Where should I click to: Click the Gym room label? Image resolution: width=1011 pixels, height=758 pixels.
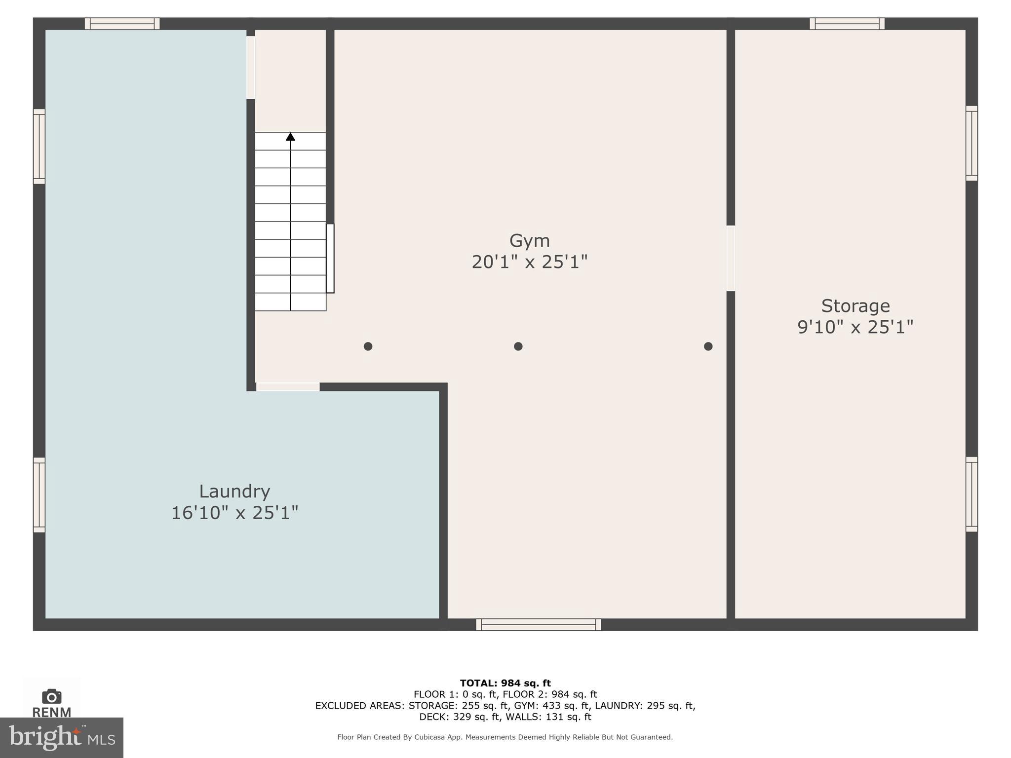(529, 241)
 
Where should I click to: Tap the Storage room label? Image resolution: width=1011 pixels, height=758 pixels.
(855, 306)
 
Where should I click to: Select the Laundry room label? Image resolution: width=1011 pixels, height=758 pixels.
(234, 492)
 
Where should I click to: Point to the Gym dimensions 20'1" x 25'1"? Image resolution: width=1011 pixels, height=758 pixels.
(529, 262)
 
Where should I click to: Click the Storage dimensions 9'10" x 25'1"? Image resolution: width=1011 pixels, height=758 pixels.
(855, 327)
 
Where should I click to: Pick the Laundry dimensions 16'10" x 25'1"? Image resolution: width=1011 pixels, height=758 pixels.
(234, 513)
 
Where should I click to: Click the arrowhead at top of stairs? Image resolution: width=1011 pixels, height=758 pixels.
(290, 137)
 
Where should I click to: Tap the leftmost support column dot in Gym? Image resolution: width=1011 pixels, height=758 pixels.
(368, 346)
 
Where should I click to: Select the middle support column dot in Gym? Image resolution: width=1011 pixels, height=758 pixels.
(518, 346)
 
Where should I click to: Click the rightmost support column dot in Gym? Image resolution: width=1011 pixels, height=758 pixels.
(708, 346)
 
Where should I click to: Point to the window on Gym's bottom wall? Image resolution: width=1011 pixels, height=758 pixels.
(539, 625)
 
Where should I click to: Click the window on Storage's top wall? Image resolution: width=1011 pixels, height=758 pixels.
(847, 24)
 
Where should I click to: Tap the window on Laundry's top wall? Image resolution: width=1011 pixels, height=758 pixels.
(122, 24)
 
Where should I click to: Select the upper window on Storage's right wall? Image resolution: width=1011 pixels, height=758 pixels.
(971, 143)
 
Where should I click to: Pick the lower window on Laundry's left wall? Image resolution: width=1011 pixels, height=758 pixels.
(39, 495)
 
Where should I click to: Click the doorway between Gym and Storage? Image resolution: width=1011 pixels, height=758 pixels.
(731, 258)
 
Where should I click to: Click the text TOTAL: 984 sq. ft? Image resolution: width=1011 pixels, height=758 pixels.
(505, 683)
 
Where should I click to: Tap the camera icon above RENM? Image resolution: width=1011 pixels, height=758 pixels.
(51, 696)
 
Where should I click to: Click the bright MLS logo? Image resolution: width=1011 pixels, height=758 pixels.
(61, 737)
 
